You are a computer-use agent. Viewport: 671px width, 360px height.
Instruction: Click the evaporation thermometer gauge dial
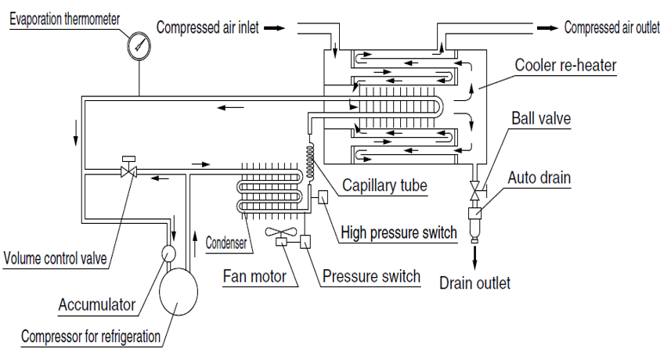[x=139, y=46]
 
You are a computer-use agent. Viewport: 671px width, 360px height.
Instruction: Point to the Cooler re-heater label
[x=565, y=65]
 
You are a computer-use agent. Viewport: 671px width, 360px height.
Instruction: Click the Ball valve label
[x=541, y=119]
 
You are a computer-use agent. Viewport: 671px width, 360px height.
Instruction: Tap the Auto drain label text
[x=539, y=178]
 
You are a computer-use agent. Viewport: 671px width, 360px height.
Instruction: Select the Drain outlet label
[x=474, y=283]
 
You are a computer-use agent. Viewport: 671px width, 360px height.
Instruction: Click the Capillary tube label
[x=385, y=185]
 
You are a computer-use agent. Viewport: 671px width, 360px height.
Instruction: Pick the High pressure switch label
[x=399, y=232]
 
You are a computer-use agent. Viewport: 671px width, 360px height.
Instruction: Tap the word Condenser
[x=226, y=243]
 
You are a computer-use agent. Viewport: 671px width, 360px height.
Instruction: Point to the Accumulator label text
[x=97, y=304]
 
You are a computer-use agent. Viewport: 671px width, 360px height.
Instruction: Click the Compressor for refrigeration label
[x=91, y=337]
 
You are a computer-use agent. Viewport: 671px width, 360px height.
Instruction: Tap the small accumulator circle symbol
[x=168, y=252]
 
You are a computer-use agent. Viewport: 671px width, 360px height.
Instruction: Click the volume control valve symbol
[x=126, y=170]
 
